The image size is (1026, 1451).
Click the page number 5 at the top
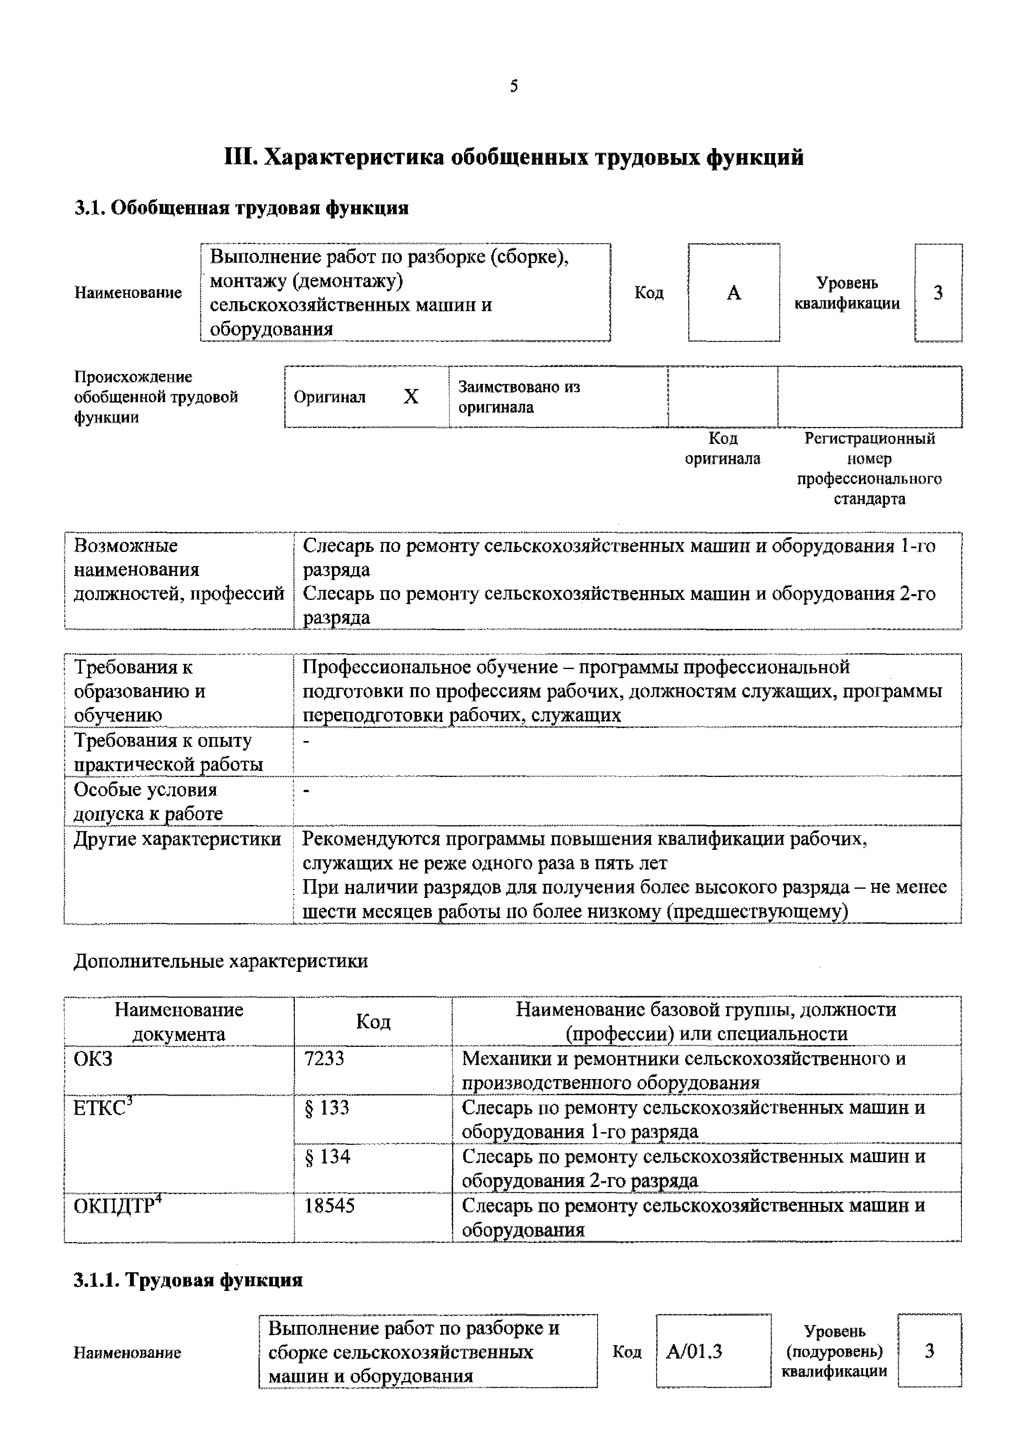coord(514,86)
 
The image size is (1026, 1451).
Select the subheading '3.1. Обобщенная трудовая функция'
coord(242,208)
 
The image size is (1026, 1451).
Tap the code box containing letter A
coord(734,293)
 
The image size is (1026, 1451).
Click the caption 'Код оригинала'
coord(723,448)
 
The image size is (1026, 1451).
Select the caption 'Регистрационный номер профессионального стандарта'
coord(869,468)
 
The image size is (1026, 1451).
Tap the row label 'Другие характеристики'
coord(177,839)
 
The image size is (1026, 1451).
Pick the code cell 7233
coord(324,1058)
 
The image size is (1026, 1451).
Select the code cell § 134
coord(327,1156)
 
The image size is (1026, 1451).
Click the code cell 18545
coord(329,1206)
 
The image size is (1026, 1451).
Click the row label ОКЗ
coord(93,1058)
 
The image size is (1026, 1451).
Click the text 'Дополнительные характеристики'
coord(220,961)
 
